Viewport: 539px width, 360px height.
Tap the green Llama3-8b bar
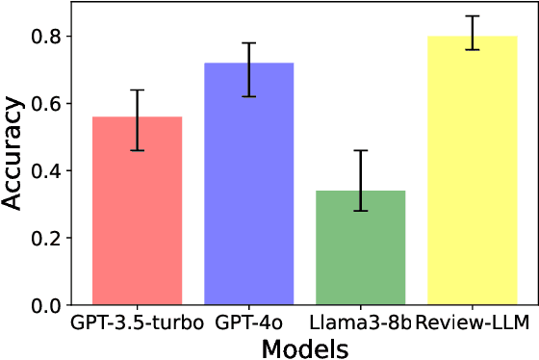361,250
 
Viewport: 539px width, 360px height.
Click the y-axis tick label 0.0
44,306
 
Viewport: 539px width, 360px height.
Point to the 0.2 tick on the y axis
44,239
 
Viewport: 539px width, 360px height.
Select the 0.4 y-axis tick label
44,171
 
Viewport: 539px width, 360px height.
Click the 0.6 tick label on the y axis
44,104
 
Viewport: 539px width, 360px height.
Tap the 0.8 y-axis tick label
44,37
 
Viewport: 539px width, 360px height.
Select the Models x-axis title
304,347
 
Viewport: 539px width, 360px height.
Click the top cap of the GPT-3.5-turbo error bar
137,90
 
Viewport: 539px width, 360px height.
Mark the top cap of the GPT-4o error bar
248,43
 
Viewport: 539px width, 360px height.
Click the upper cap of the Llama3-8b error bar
361,150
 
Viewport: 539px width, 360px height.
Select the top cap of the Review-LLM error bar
472,16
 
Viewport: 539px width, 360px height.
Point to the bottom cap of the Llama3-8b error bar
361,211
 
